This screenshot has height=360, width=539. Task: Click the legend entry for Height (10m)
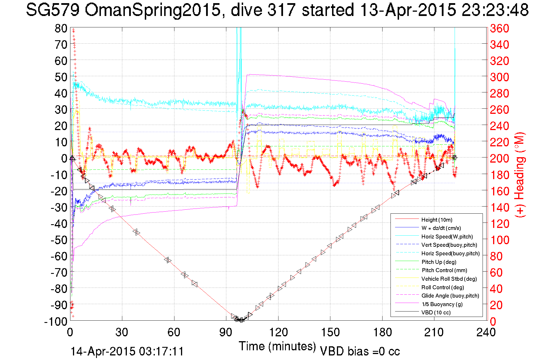pos(437,220)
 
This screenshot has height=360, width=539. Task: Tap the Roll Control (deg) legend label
pos(443,287)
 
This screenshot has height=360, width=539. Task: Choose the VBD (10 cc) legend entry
pos(436,312)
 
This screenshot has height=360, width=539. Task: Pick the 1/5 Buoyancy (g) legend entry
pos(442,304)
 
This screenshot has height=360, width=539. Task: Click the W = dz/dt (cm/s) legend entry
pos(441,228)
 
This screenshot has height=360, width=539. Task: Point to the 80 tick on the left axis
pos(61,28)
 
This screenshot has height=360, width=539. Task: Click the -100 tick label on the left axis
pos(56,321)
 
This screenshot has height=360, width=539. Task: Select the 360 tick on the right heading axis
pos(499,28)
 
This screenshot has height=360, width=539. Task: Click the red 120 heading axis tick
pos(499,224)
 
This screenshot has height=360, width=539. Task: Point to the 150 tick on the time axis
pos(330,332)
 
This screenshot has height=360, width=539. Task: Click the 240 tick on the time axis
pos(486,332)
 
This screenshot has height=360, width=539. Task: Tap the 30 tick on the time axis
pos(122,332)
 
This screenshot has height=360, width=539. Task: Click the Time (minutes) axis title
pos(277,346)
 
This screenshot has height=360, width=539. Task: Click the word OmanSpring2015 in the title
pos(152,10)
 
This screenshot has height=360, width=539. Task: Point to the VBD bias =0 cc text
pos(360,351)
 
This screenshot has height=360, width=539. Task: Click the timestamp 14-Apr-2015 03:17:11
pos(127,351)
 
